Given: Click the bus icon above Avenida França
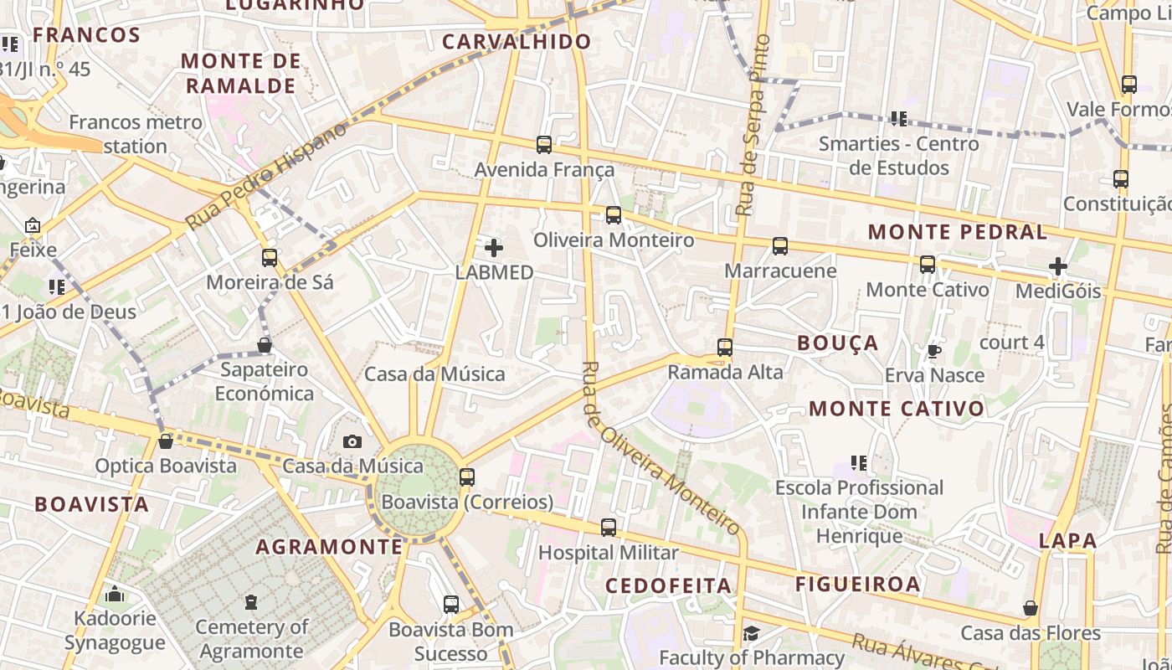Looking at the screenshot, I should (544, 145).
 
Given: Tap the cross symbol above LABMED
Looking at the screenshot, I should (494, 248).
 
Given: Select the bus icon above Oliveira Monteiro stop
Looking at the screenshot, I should (614, 215).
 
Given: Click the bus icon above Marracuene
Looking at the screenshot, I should (780, 246).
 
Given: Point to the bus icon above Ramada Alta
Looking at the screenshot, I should (725, 347).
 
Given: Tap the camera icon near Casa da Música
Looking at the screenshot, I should (352, 441).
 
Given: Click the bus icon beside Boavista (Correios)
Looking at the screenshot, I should (467, 477).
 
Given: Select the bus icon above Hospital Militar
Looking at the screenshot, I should (609, 528).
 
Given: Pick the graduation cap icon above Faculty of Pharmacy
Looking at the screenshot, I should (751, 633).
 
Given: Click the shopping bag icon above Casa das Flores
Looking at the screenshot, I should (1031, 608).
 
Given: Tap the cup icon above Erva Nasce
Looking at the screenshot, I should (934, 351).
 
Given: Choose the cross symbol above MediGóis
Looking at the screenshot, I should (1058, 266).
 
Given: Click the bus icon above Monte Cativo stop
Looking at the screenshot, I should (928, 265).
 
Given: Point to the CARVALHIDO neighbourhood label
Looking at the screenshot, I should (517, 42).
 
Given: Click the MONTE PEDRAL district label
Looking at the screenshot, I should (958, 232).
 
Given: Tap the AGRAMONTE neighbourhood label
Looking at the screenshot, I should (329, 547).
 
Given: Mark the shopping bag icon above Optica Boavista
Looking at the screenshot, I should (166, 441).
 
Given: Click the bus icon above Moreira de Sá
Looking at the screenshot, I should (270, 257).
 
